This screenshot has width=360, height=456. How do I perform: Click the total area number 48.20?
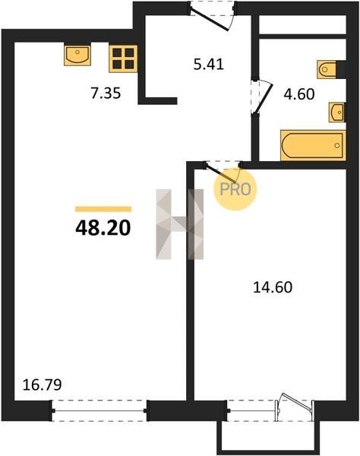(103, 228)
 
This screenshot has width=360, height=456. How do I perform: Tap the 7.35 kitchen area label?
(106, 93)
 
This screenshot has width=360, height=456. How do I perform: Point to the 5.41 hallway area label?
(209, 65)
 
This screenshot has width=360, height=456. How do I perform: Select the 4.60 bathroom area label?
(299, 94)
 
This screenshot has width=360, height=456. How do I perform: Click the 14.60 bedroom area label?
(273, 287)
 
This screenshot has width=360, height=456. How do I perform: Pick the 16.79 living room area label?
(42, 385)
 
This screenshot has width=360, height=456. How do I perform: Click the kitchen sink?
(77, 55)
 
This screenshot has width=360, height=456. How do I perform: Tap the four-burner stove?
(123, 59)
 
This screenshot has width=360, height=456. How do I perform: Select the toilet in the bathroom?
(331, 69)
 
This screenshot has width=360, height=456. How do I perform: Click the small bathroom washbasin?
(337, 112)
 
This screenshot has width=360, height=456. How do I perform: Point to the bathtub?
(313, 145)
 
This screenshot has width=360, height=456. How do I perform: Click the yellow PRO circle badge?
(235, 189)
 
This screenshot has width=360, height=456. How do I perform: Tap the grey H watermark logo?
(179, 224)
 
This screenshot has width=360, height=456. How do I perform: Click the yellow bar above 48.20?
(103, 209)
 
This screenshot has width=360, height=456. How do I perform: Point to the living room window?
(99, 410)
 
